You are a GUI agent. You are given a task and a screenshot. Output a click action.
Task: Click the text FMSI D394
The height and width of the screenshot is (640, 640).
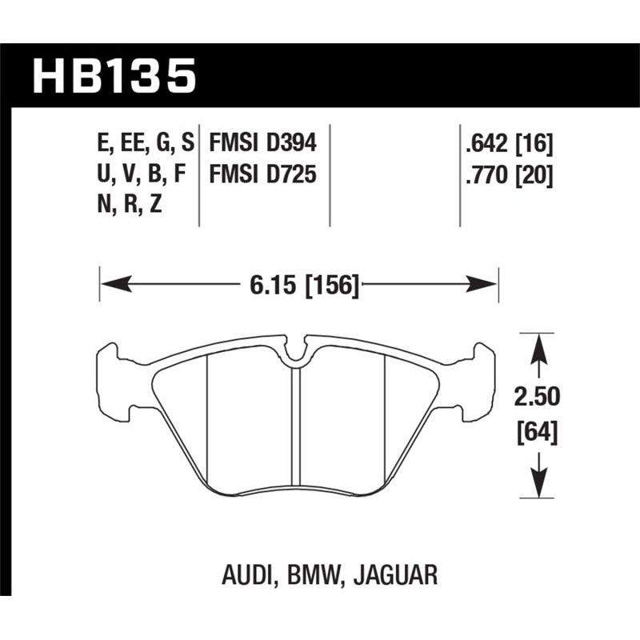point(263,144)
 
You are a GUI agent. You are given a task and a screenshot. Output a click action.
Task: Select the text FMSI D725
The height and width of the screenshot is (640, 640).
point(263,174)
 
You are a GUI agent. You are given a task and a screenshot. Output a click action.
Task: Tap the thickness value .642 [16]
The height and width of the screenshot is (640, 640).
point(506,144)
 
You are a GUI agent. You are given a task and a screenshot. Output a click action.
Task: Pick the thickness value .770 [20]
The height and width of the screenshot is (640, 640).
point(506,174)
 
